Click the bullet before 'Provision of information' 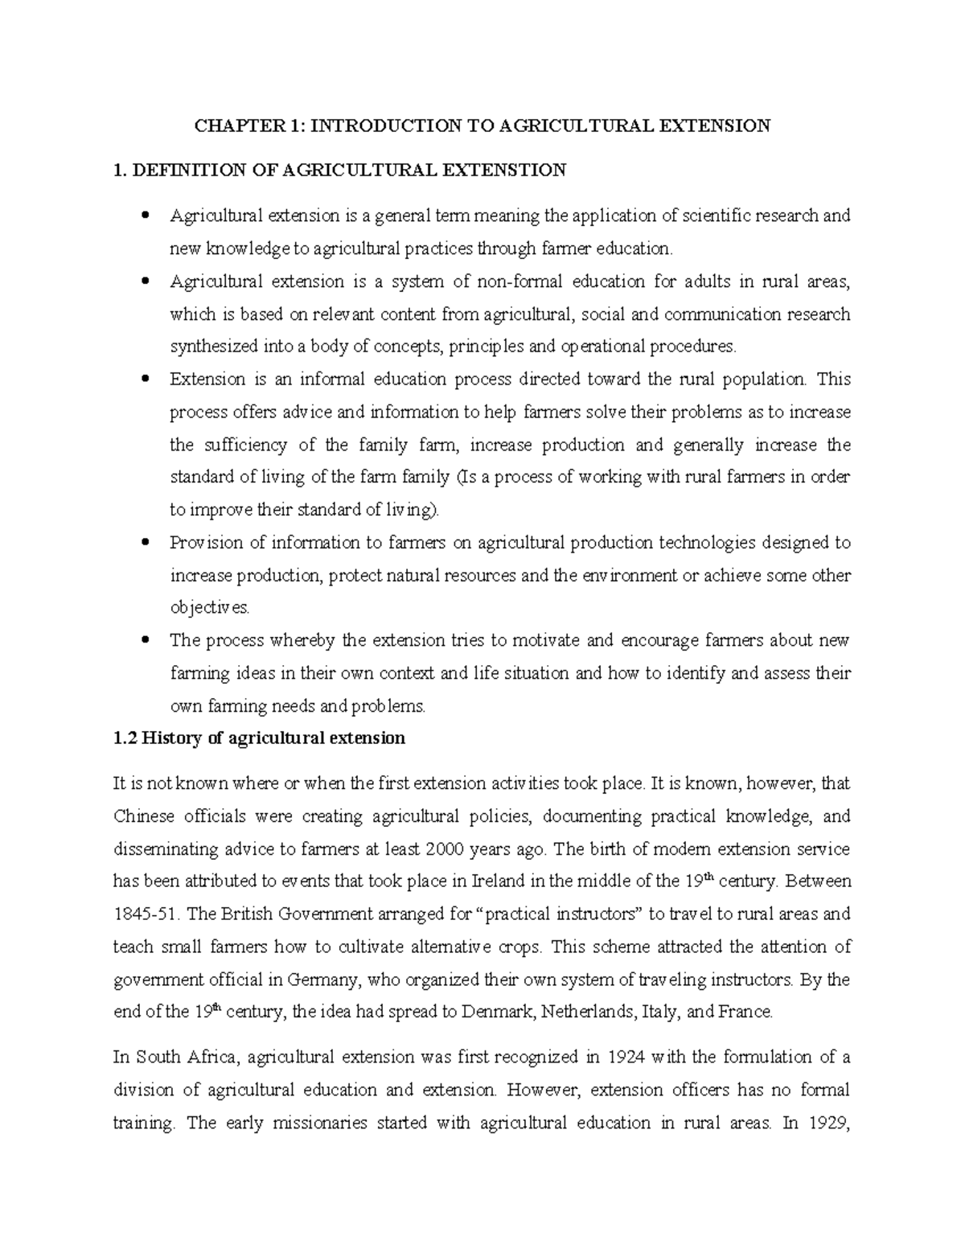pyautogui.click(x=145, y=542)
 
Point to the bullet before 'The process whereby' pyautogui.click(x=145, y=640)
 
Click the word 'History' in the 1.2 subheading pyautogui.click(x=172, y=738)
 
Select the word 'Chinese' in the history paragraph pyautogui.click(x=144, y=816)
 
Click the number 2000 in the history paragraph pyautogui.click(x=446, y=849)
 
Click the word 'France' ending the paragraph pyautogui.click(x=745, y=1012)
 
